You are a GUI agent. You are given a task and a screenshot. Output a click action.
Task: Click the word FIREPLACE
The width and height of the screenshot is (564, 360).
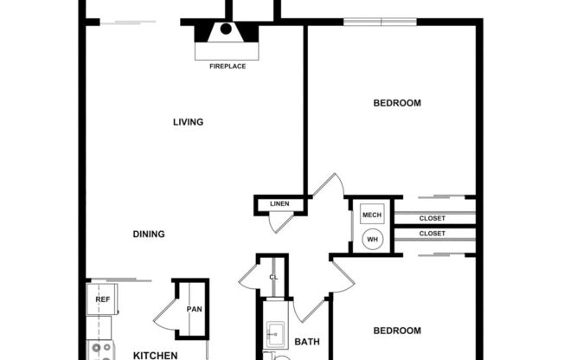[x=228, y=66]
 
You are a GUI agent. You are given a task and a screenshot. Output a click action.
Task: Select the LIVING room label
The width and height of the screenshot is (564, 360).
[x=188, y=122]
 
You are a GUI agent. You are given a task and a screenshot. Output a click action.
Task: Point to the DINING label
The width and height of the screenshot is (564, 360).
[x=149, y=234]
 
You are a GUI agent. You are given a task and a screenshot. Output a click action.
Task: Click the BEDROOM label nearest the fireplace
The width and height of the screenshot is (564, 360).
[x=397, y=103]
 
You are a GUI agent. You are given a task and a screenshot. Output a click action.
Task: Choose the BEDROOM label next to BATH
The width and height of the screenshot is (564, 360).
[x=397, y=331]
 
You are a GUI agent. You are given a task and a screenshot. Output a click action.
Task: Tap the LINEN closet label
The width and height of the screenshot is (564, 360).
[x=279, y=204]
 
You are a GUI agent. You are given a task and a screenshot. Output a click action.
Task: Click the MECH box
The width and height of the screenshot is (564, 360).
[x=372, y=215]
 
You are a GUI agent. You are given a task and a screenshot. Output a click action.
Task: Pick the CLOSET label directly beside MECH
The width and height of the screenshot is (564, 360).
[x=433, y=218]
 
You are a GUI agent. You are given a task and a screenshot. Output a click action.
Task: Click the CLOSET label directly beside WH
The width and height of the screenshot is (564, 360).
[x=433, y=234]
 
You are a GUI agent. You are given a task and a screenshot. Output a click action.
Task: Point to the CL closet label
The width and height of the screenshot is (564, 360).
[x=273, y=277]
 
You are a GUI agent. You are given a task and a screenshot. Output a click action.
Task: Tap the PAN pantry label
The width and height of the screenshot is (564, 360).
[x=194, y=309]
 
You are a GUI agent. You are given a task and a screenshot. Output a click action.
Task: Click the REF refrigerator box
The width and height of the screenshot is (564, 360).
[x=102, y=299]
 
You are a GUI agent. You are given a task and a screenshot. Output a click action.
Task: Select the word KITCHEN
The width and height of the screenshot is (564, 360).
[x=156, y=355]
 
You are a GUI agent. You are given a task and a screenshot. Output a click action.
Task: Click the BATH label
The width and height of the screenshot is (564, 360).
[x=307, y=342]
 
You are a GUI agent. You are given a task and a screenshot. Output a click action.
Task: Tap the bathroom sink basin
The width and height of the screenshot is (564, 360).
[x=277, y=332]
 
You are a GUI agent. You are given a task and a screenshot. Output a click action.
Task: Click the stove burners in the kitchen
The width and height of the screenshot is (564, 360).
[x=102, y=350]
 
